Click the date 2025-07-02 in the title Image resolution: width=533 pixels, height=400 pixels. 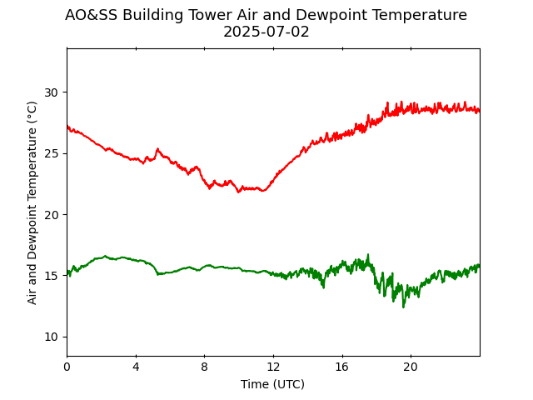[266, 32]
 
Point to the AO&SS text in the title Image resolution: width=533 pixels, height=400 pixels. [90, 15]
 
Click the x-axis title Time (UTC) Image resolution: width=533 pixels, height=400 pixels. [272, 384]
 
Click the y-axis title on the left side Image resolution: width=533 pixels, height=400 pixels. [32, 202]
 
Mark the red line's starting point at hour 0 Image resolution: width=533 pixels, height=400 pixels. [67, 127]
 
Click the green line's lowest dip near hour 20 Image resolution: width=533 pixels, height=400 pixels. [404, 307]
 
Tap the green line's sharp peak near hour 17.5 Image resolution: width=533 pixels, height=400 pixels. [367, 255]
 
